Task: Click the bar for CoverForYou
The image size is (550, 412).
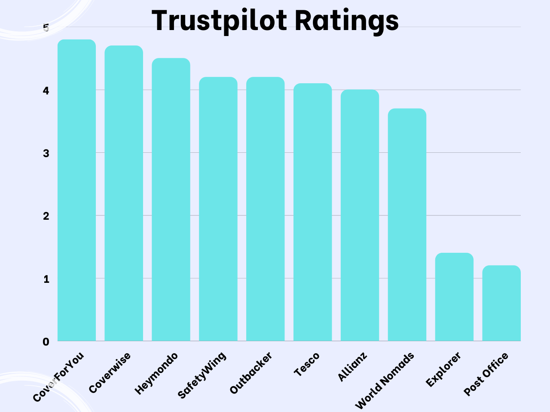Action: [x=76, y=190]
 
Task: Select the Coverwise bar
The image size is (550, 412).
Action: [x=124, y=193]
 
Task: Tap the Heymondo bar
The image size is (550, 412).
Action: [x=171, y=200]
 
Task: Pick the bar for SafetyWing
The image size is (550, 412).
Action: [x=218, y=209]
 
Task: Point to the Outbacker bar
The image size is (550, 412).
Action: [x=266, y=209]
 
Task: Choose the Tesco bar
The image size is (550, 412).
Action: [x=313, y=212]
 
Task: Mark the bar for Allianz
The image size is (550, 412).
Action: [x=360, y=215]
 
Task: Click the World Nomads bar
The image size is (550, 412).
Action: [x=407, y=224]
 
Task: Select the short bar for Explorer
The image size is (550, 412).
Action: [x=454, y=297]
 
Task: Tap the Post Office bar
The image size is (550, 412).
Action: [x=501, y=303]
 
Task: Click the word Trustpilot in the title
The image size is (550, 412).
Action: [x=219, y=21]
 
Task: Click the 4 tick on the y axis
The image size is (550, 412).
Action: [x=46, y=91]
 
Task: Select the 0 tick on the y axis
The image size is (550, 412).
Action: [x=46, y=342]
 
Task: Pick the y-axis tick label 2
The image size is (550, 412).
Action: [x=46, y=216]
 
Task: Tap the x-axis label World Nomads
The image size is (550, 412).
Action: [x=385, y=381]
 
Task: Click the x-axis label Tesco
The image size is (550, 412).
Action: [x=307, y=364]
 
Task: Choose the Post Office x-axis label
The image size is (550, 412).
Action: [x=486, y=374]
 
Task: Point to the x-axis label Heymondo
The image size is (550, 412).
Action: [x=156, y=373]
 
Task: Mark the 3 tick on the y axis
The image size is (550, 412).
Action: [x=46, y=153]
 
